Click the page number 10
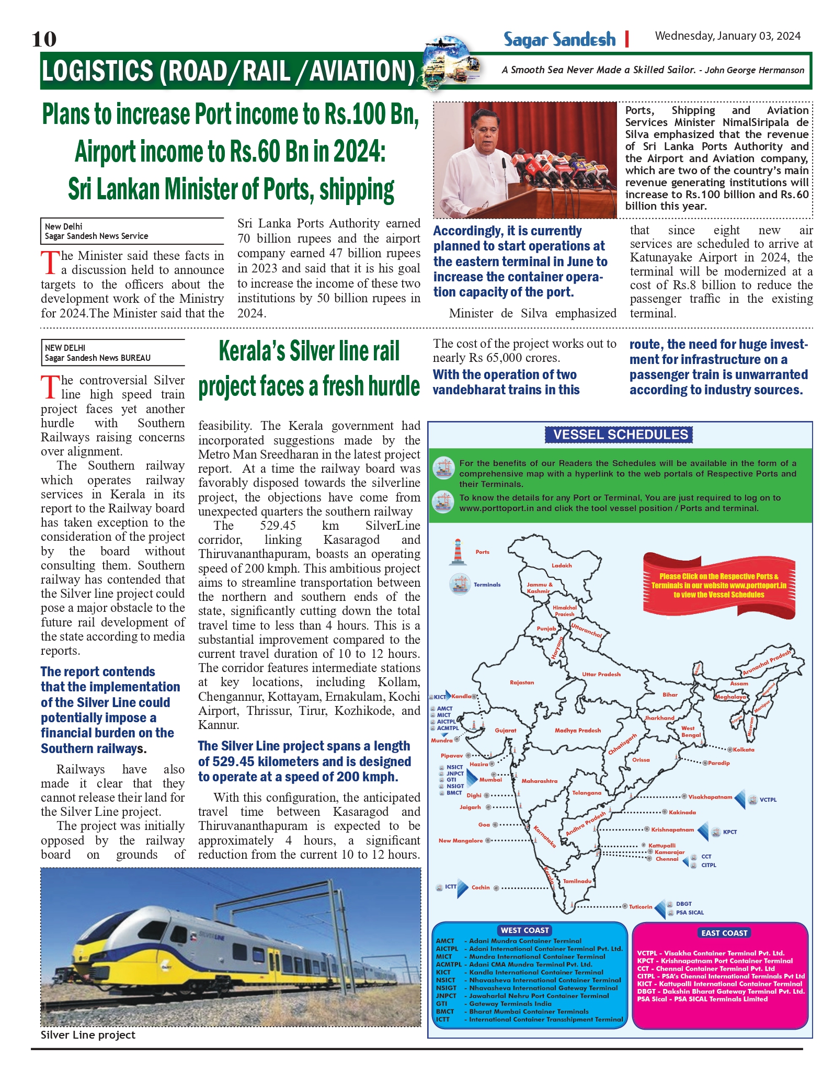tap(44, 39)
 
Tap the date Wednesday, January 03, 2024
tap(727, 36)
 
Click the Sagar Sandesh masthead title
tap(559, 40)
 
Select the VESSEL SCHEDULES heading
tap(620, 435)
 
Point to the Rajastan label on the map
tap(522, 682)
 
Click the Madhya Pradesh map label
tap(578, 730)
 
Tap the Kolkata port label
tap(744, 749)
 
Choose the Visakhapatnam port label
tap(710, 797)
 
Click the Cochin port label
tap(481, 887)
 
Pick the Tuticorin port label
tap(641, 907)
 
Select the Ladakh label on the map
tap(562, 565)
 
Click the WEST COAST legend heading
tap(525, 930)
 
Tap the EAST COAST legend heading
tap(724, 933)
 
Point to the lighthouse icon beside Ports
tap(458, 552)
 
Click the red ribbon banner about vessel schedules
tap(718, 585)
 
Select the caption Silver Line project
tap(88, 1035)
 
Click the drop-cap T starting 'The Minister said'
tap(50, 263)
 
